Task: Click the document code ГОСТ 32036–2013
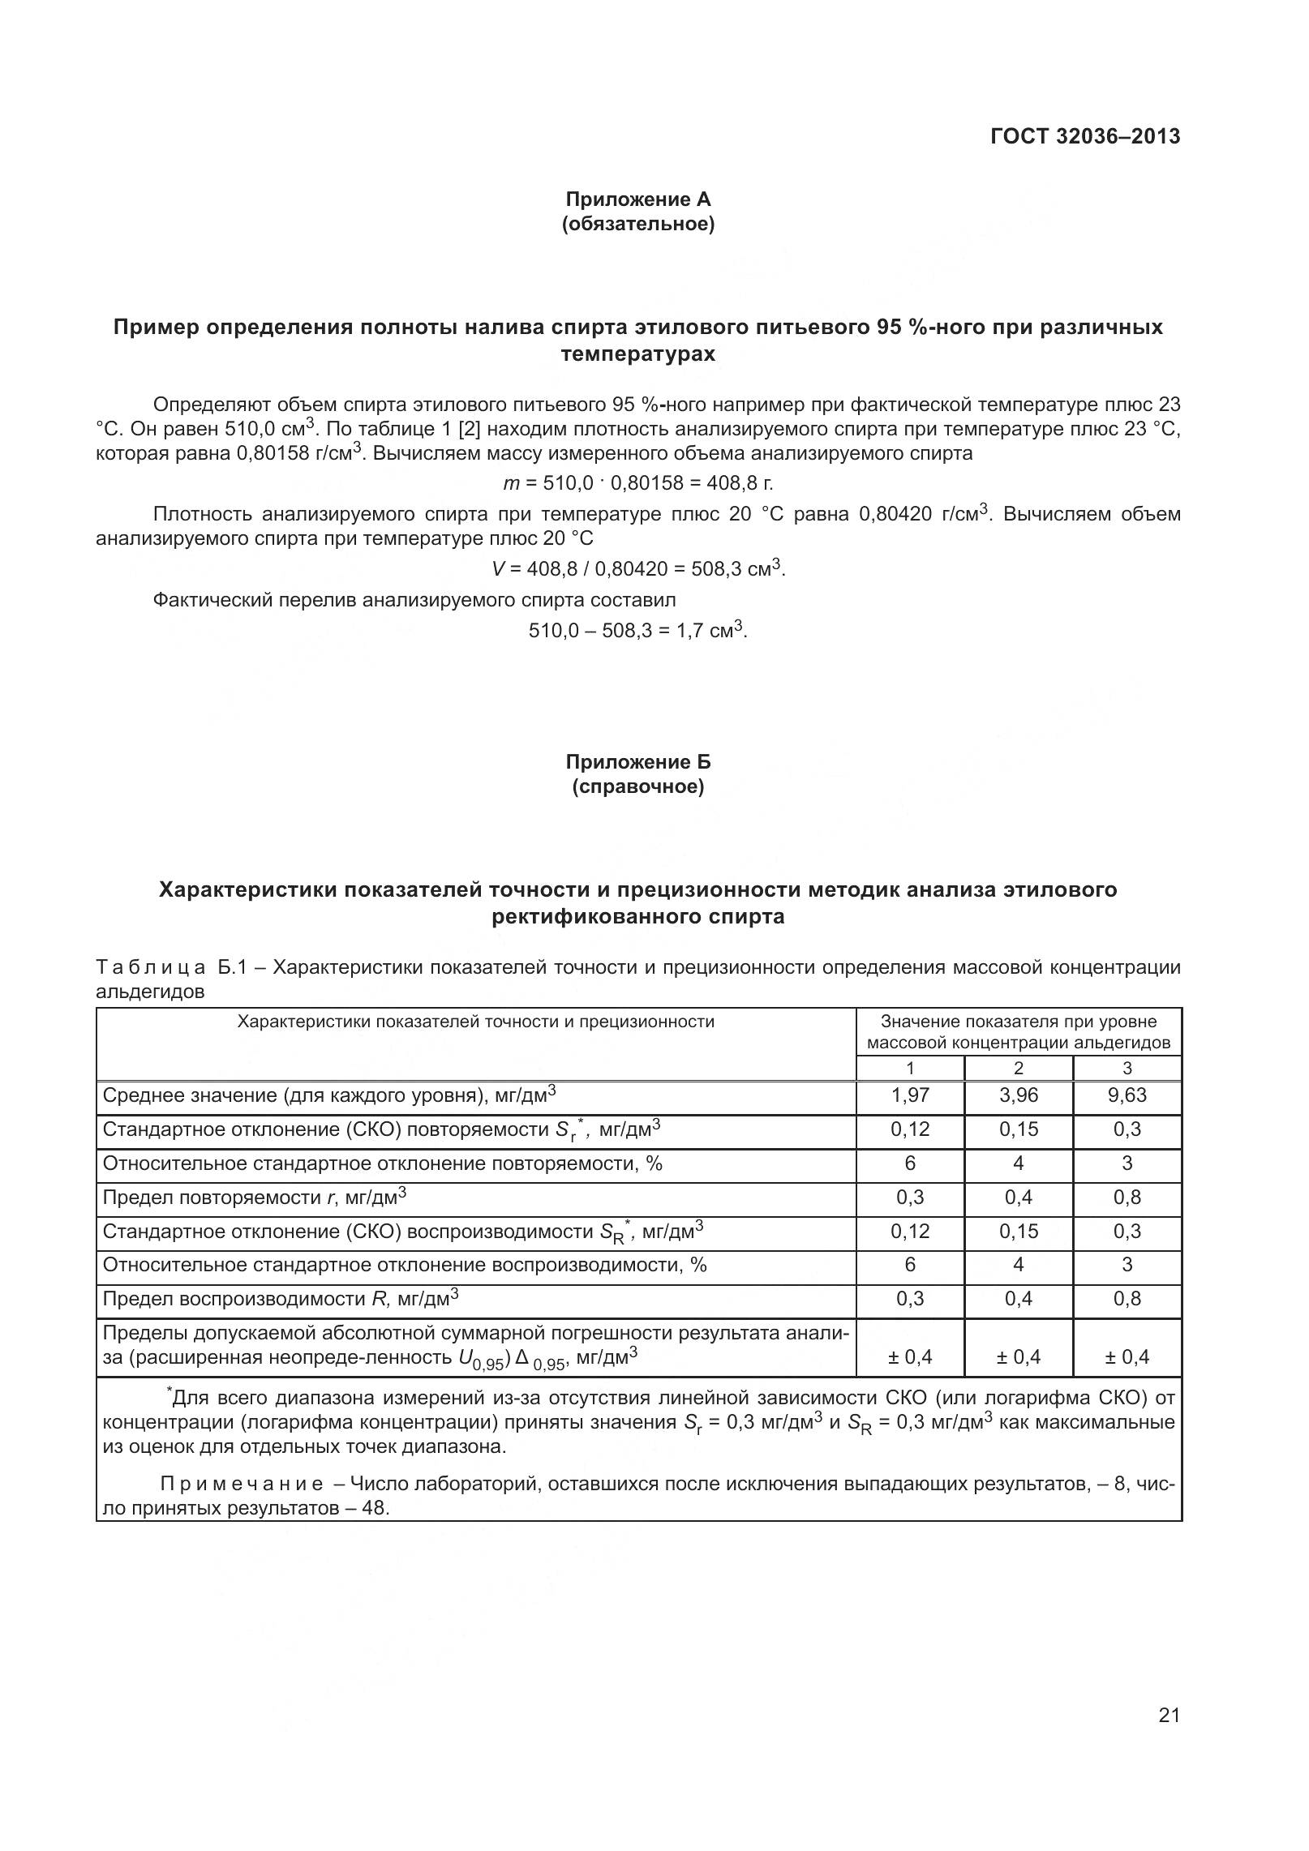[x=1084, y=136]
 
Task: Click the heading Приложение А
[x=637, y=199]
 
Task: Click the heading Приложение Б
[x=637, y=762]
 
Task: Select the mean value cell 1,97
[x=910, y=1096]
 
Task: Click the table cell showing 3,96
[x=1018, y=1096]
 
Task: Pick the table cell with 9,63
[x=1127, y=1096]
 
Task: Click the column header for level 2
[x=1018, y=1069]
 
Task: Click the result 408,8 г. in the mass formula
[x=740, y=484]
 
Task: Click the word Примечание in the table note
[x=241, y=1485]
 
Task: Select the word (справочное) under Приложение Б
[x=637, y=786]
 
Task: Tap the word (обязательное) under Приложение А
[x=637, y=224]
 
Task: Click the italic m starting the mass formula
[x=511, y=484]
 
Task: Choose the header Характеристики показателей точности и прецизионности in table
[x=475, y=1022]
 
